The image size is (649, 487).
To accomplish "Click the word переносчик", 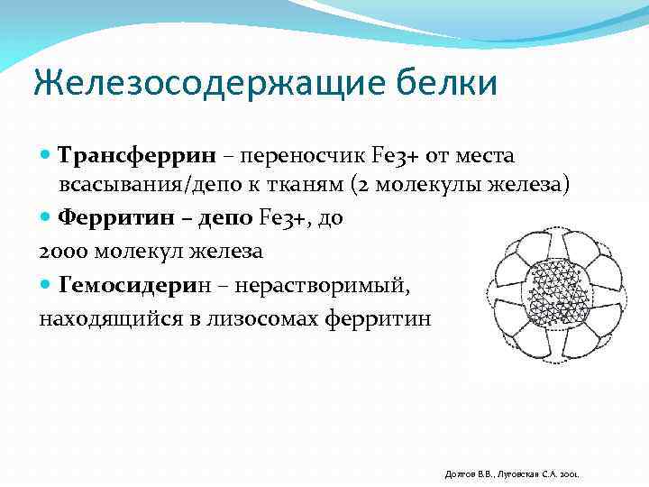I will (294, 156).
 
